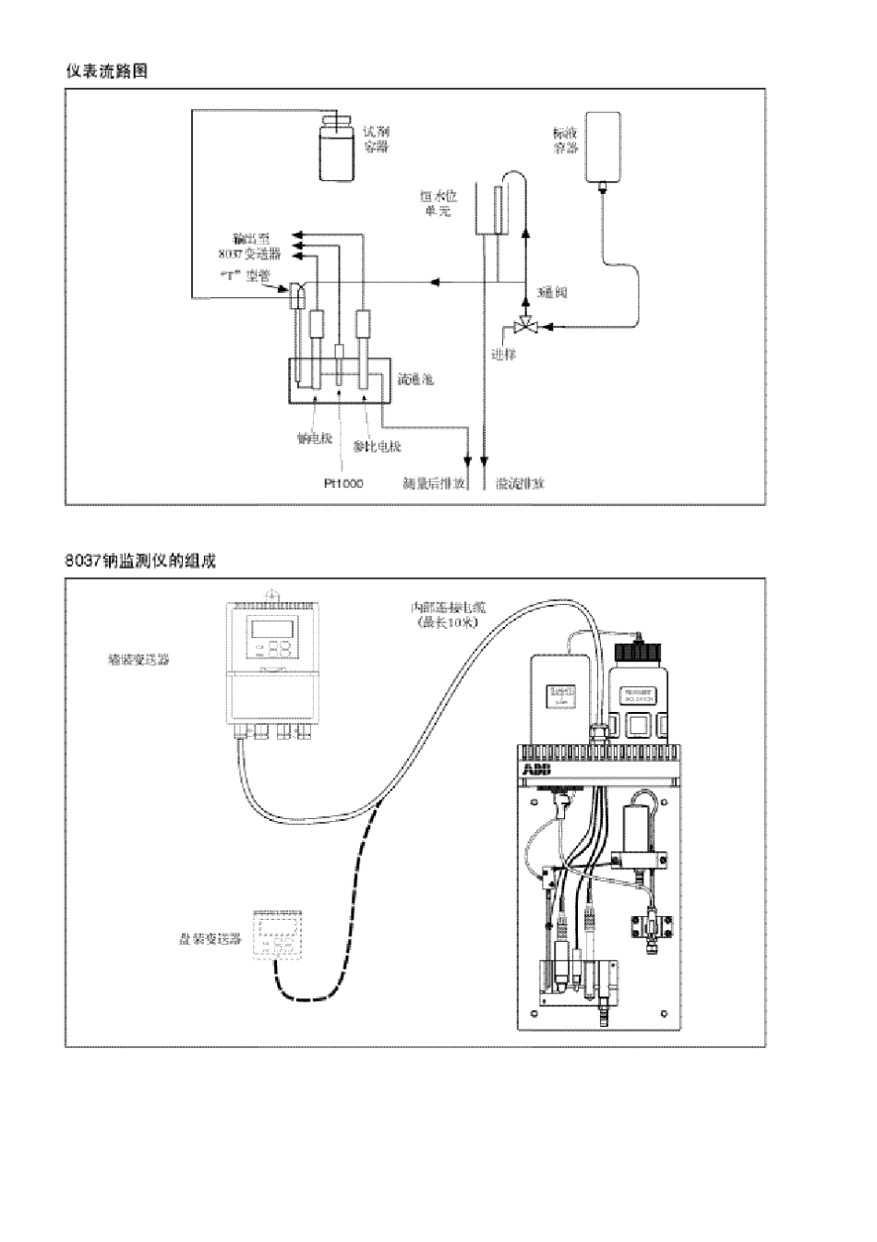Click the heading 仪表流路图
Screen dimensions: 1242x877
tap(106, 71)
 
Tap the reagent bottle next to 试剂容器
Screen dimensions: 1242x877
tap(335, 150)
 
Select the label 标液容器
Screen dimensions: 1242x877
tap(564, 140)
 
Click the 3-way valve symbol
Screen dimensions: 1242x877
tap(525, 325)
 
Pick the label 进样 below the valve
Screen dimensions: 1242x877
tap(503, 355)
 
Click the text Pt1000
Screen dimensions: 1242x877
tap(342, 483)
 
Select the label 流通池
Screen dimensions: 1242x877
tap(415, 379)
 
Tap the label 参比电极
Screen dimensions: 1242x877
tap(378, 447)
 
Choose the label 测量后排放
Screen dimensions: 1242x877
tap(434, 483)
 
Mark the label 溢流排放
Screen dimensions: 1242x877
tap(520, 483)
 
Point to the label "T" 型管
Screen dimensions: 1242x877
tap(245, 274)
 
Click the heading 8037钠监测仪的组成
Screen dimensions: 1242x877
tap(140, 561)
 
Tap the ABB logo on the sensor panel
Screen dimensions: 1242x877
tap(536, 769)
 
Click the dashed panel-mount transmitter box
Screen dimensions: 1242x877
tap(278, 935)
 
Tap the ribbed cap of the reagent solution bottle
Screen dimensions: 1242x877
tap(638, 653)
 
